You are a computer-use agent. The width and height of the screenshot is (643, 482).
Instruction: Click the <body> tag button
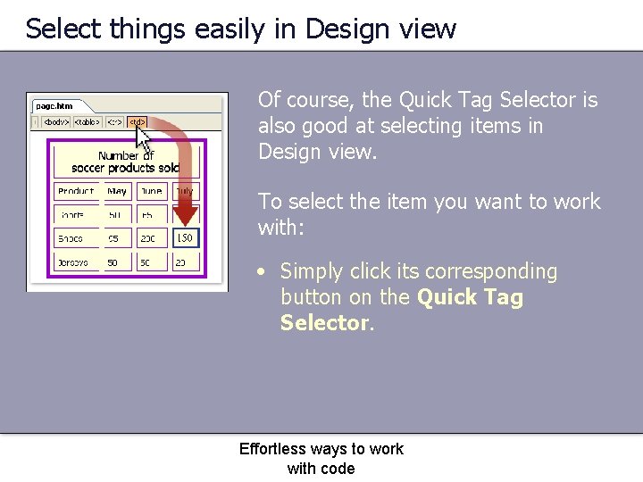pos(55,121)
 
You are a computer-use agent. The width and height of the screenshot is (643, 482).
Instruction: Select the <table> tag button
pos(87,121)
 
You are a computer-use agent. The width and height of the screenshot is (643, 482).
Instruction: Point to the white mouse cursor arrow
pos(143,137)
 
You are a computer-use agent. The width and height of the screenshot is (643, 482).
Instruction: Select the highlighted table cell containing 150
pos(184,238)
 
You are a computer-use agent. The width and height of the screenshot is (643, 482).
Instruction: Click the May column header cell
pos(117,191)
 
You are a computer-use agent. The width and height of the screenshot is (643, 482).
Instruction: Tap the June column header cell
pos(152,191)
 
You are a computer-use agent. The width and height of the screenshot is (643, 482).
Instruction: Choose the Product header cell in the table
pos(76,191)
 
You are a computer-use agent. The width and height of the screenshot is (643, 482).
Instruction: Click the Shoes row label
pos(71,238)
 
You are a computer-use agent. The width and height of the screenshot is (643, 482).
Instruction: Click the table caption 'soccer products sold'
pos(125,168)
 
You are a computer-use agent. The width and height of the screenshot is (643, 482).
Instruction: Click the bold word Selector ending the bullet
pos(324,322)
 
